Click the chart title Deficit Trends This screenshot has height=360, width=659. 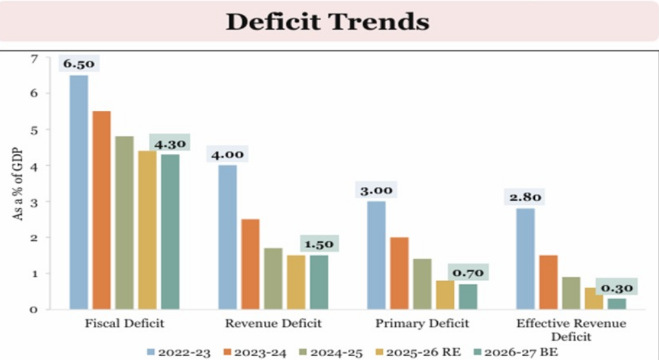point(328,21)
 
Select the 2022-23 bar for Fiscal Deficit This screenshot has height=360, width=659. point(79,192)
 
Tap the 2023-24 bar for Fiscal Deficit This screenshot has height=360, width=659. point(102,210)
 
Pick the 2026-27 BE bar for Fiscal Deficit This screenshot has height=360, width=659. point(170,231)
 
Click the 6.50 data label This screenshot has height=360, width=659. point(79,64)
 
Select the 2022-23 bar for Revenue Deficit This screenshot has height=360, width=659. point(228,237)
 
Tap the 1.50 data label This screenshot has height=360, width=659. point(319,244)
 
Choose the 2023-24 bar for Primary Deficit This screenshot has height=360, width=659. point(399,273)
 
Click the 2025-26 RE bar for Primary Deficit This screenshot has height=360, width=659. point(445,295)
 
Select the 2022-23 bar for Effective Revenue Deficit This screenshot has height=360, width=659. point(525,259)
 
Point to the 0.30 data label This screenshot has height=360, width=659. point(616,288)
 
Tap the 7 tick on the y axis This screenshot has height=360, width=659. point(34,59)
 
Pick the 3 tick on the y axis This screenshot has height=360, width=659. point(34,202)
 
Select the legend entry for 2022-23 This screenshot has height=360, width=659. point(178,352)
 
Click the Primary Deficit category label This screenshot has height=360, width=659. point(422,323)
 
